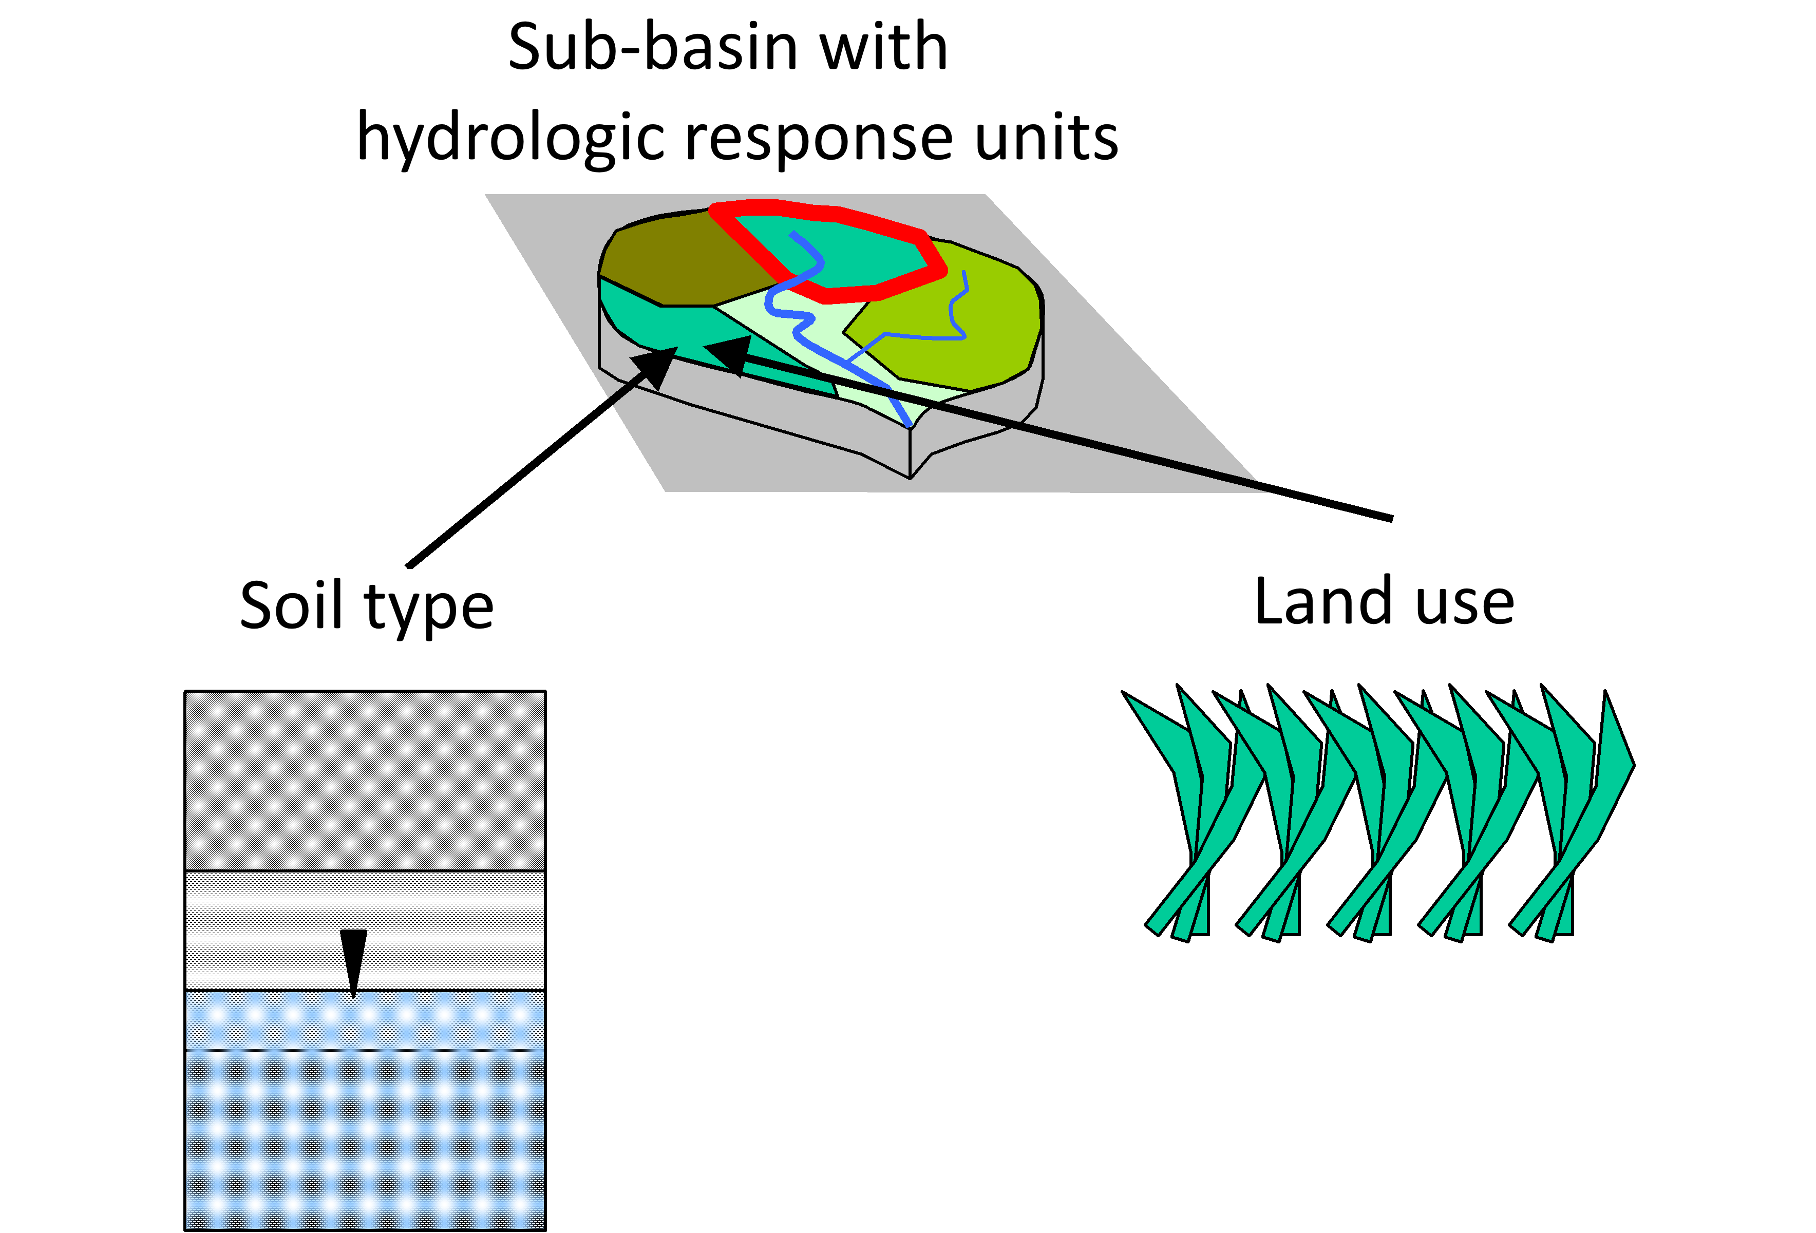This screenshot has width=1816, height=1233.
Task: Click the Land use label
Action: tap(1383, 602)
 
